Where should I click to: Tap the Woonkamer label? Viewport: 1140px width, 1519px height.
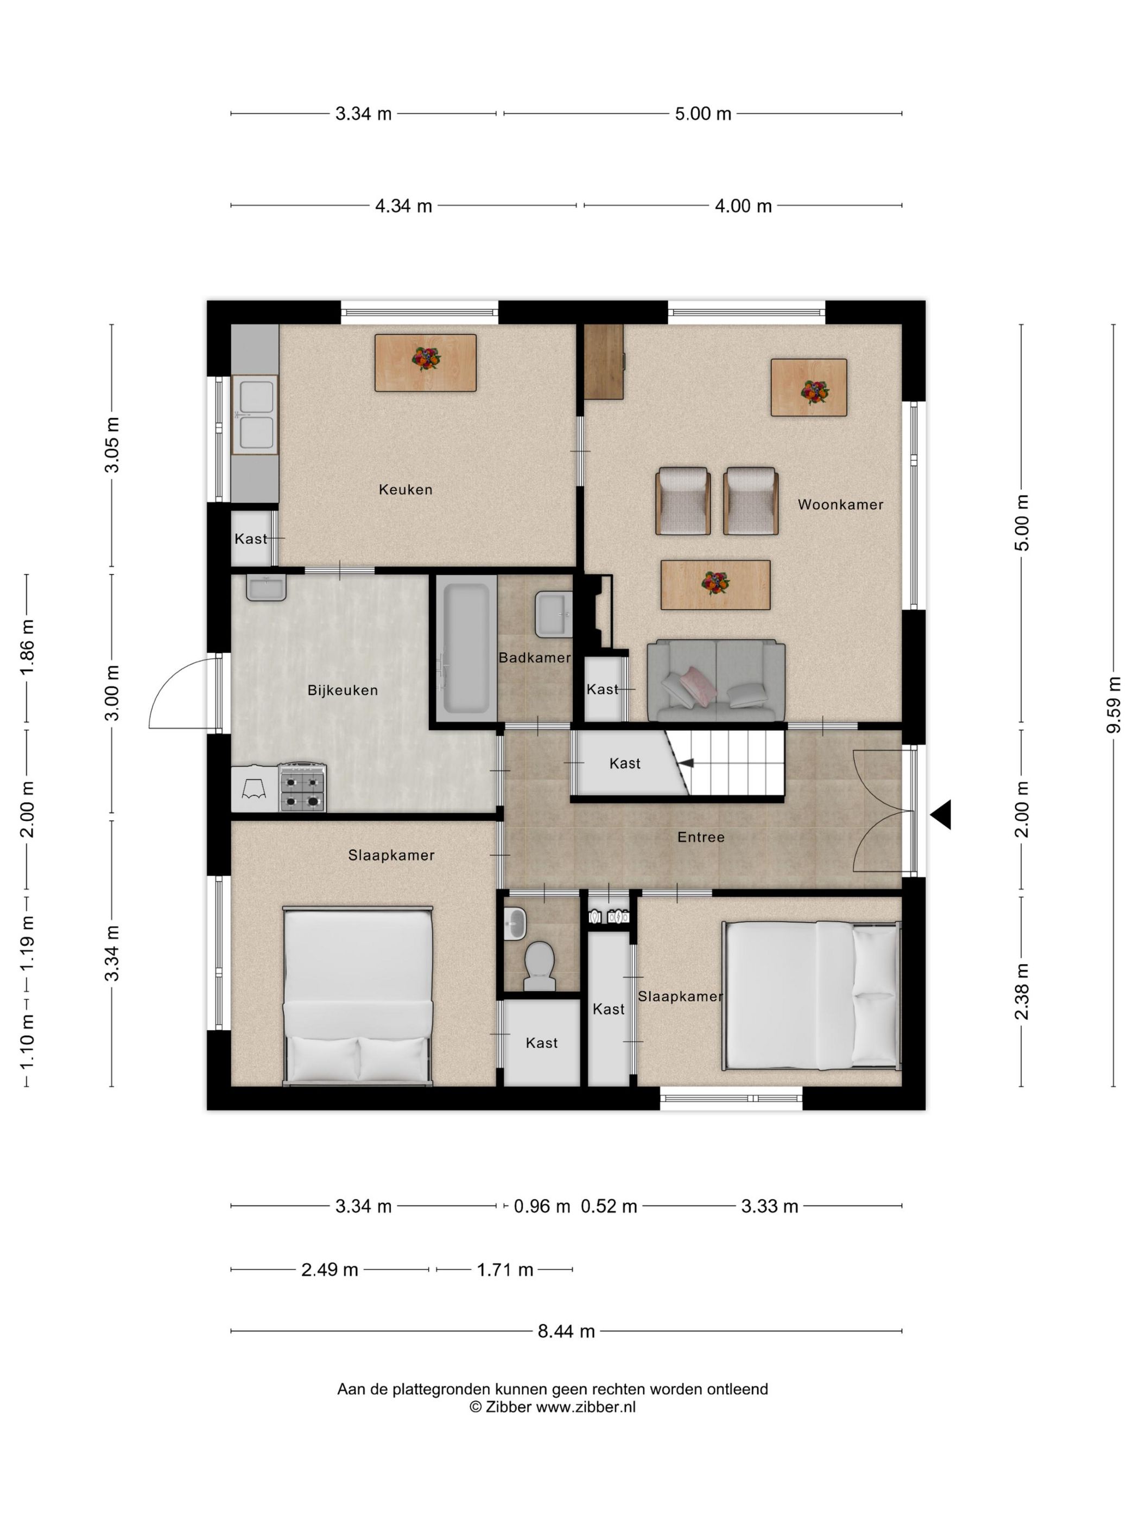tap(840, 505)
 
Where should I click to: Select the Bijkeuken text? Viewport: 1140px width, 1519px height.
tap(342, 690)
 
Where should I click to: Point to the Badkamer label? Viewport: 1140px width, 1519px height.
tap(535, 657)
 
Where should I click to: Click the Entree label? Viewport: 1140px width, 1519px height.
tap(701, 837)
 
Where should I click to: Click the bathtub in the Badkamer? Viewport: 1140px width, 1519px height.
tap(466, 648)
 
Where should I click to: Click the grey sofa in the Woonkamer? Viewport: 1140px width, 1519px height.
tap(716, 680)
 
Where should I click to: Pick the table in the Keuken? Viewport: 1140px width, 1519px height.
tap(426, 362)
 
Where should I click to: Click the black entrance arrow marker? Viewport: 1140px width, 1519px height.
tap(941, 814)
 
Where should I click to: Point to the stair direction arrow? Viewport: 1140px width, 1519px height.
tap(685, 763)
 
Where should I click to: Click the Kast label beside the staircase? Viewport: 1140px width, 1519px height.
tap(625, 763)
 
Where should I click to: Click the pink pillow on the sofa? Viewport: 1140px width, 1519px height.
tap(698, 685)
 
